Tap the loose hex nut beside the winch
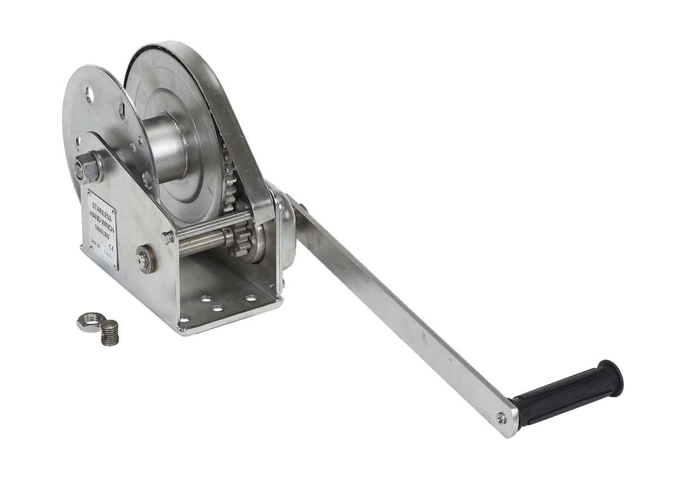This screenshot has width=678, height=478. pyautogui.click(x=90, y=321)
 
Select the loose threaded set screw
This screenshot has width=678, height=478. pyautogui.click(x=110, y=333)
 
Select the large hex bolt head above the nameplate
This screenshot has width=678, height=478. pyautogui.click(x=88, y=167)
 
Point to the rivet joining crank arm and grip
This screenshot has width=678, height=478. pyautogui.click(x=501, y=418)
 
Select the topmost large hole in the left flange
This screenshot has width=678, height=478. pyautogui.click(x=89, y=94)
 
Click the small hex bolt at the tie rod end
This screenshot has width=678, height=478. pyautogui.click(x=167, y=237)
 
